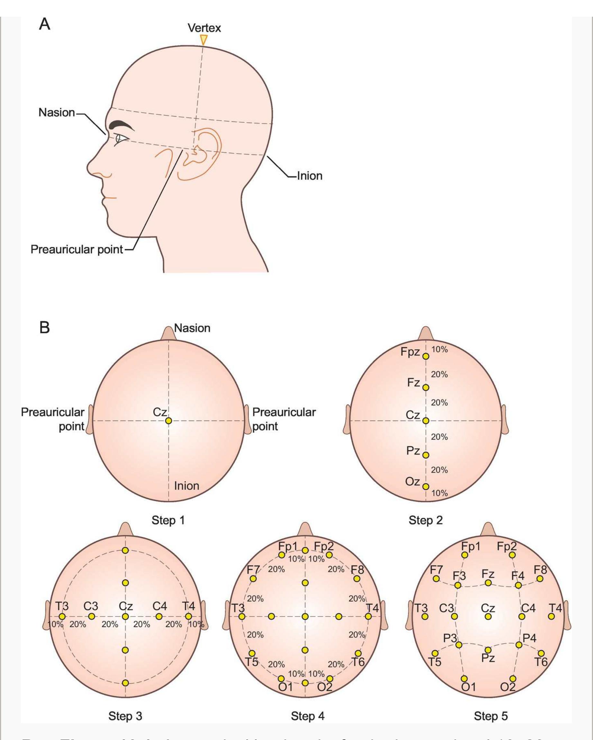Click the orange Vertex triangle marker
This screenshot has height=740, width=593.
pos(204,39)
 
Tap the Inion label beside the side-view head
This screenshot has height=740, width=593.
pos(309,176)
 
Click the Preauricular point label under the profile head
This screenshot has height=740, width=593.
pos(76,249)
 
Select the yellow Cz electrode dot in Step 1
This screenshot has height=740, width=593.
pos(168,421)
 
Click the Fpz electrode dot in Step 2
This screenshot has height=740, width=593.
pos(426,356)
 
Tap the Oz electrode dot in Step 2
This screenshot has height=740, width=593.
pos(426,486)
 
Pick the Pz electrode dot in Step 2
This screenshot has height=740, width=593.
pos(426,455)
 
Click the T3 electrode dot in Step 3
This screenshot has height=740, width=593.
pos(62,617)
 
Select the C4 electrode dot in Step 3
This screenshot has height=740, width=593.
pos(159,617)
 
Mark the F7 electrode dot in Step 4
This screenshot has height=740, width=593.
pos(253,579)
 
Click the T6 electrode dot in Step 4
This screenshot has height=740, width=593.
pos(358,653)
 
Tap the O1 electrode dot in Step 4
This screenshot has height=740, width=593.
pos(281,679)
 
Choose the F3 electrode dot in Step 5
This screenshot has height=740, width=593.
pos(457,585)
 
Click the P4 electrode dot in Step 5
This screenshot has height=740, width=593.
pos(519,645)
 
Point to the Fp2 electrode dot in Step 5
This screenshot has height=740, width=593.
pos(512,555)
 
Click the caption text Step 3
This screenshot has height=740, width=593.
pos(125,716)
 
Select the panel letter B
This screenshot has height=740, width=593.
pos(45,328)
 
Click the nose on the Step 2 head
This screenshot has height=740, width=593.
pos(426,334)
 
